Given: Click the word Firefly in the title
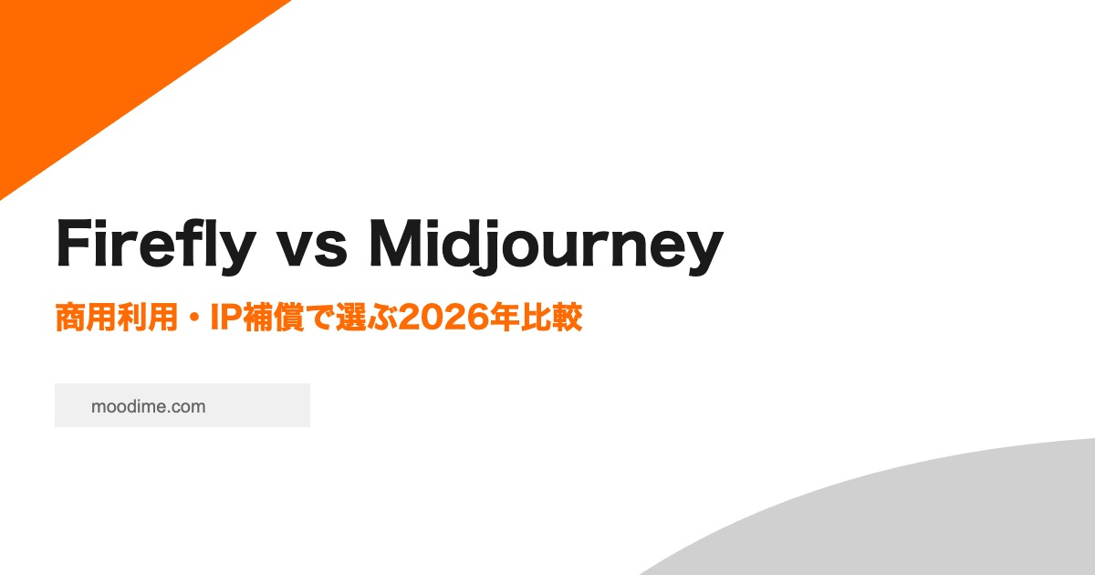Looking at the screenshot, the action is tap(156, 246).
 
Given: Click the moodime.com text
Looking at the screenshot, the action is tap(148, 406).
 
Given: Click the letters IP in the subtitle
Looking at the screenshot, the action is tap(226, 318).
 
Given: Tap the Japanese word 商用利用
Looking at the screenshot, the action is tap(117, 318).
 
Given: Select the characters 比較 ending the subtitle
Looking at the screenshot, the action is tap(551, 318).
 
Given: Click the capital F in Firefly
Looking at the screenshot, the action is tap(74, 243).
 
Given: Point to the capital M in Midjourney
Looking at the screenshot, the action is tap(396, 243).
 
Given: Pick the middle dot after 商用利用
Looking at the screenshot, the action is tap(194, 318).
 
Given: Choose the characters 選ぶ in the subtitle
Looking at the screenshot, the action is tap(367, 318).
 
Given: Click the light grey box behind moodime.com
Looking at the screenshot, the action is tap(182, 405).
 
